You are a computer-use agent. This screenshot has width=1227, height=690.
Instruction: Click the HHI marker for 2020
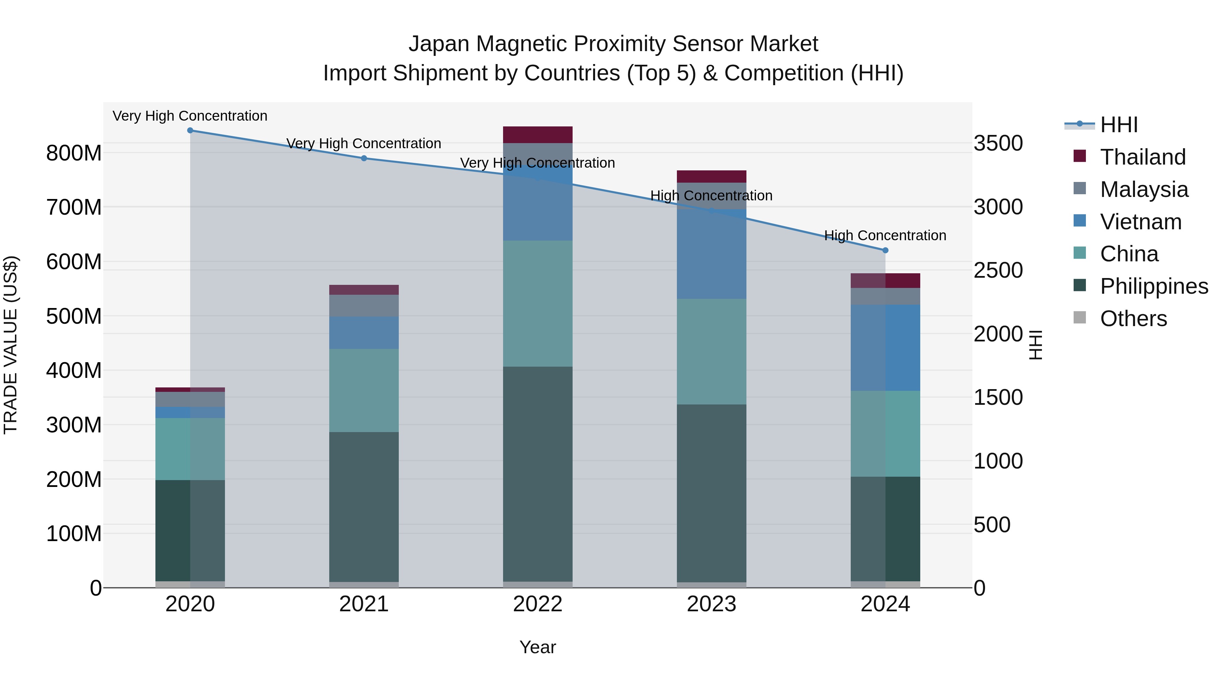[x=190, y=130]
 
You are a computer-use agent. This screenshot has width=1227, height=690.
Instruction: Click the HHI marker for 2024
[x=885, y=250]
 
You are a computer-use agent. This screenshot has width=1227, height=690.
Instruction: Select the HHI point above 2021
[x=364, y=158]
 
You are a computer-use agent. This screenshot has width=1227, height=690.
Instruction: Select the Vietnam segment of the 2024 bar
[x=885, y=348]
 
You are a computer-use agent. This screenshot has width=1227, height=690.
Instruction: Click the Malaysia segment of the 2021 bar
[x=364, y=305]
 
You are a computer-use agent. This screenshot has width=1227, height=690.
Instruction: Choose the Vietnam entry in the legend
[x=1140, y=222]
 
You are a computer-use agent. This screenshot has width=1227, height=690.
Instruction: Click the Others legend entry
[x=1133, y=319]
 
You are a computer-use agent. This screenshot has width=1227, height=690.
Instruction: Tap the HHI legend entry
[x=1119, y=125]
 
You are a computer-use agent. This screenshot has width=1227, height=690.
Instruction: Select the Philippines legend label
[x=1154, y=286]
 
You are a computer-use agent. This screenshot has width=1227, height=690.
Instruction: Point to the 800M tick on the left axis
[x=74, y=153]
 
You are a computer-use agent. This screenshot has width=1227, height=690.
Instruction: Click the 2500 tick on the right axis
[x=997, y=271]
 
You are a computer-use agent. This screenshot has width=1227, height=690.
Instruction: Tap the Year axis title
[x=537, y=647]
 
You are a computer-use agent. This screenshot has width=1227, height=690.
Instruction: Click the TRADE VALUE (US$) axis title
[x=11, y=345]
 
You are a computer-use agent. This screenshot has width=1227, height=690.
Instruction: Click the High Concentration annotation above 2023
[x=711, y=196]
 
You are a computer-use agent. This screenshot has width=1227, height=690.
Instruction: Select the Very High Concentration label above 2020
[x=190, y=116]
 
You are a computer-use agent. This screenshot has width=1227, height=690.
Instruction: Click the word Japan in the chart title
[x=439, y=44]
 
